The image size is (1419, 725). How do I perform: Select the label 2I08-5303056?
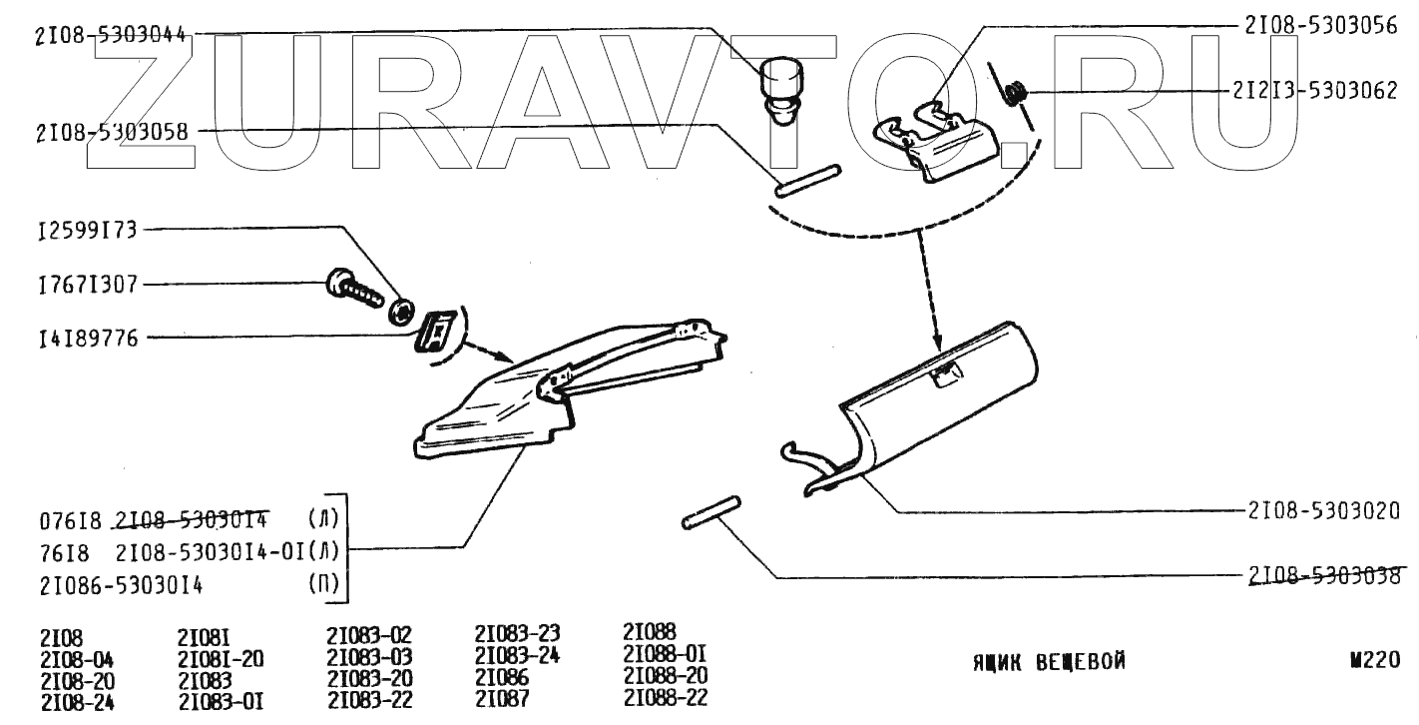pos(1320,27)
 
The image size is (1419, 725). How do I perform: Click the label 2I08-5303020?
pos(1322,509)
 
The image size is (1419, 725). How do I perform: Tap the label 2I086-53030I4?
pos(122,585)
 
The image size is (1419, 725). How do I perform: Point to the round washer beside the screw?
pos(403,310)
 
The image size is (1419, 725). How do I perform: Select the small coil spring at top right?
pos(1016,95)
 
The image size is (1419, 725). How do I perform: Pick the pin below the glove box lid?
pos(710,510)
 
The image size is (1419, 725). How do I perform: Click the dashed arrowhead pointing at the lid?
pos(937,342)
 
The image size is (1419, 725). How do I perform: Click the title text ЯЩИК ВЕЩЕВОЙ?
pos(1049,661)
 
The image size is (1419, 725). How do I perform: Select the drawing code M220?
pos(1374,659)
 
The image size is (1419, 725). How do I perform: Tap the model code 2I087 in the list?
pos(502,699)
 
